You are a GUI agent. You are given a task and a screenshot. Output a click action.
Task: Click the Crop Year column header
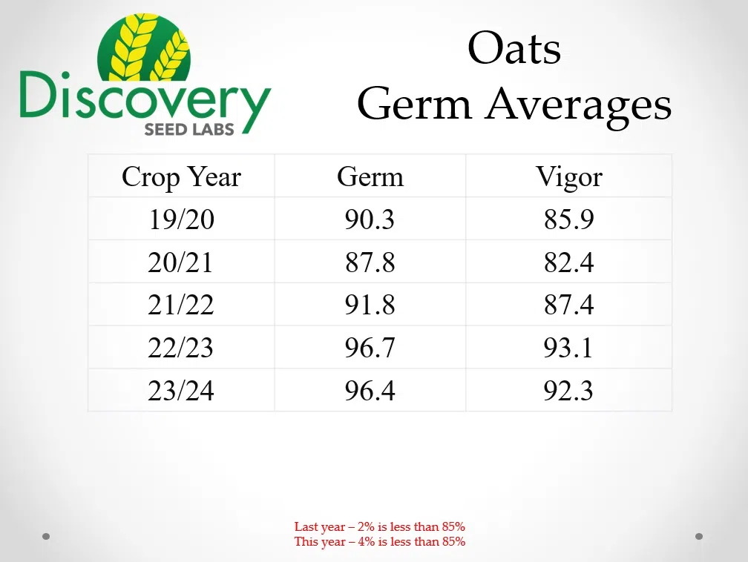[x=181, y=177]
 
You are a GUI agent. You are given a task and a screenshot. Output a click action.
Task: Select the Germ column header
[x=370, y=177]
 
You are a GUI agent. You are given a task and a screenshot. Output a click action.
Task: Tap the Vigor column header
[x=569, y=177]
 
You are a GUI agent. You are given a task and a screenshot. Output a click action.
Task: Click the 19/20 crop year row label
[x=181, y=219]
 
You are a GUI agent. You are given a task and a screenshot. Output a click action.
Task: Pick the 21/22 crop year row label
[x=181, y=305]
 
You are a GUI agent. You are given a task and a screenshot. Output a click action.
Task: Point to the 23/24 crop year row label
[x=181, y=391]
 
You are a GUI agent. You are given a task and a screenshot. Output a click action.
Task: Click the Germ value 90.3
[x=370, y=219]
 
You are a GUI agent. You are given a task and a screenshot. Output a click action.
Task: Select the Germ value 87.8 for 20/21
[x=370, y=262]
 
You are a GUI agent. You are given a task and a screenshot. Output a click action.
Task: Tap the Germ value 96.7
[x=370, y=348]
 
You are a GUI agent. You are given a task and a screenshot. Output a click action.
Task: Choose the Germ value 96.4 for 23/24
[x=370, y=391]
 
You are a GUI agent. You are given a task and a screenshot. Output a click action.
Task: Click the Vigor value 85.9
[x=569, y=219]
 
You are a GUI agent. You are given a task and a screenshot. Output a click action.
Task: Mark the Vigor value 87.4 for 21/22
[x=569, y=305]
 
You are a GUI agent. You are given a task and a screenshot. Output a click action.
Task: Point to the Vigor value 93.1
[x=569, y=348]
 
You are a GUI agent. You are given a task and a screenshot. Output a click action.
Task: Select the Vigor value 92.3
[x=569, y=391]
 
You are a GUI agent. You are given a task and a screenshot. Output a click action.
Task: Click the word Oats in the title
[x=514, y=50]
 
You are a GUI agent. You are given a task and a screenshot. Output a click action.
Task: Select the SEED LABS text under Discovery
[x=189, y=128]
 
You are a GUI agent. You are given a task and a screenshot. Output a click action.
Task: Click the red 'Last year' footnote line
[x=379, y=527]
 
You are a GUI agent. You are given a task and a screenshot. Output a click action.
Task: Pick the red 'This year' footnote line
[x=379, y=542]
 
